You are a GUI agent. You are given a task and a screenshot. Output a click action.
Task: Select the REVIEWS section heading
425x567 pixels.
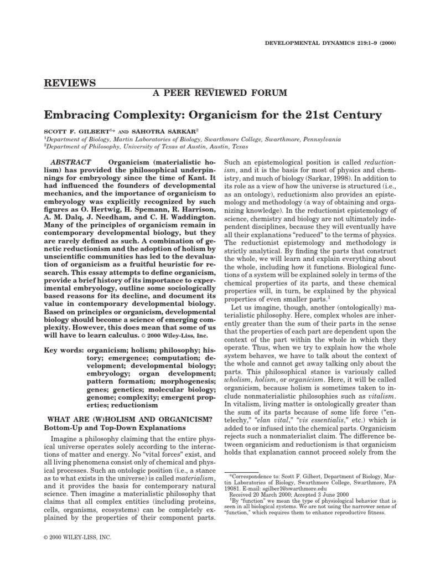[70, 83]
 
